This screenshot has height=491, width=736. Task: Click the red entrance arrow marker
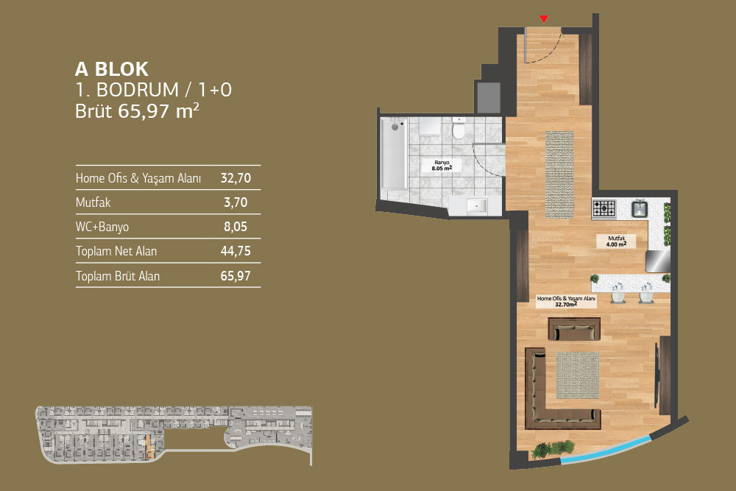pyautogui.click(x=544, y=19)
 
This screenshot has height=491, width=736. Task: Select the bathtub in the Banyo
pyautogui.click(x=393, y=154)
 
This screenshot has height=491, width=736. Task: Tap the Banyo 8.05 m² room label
pyautogui.click(x=442, y=165)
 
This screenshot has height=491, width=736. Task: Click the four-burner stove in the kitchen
pyautogui.click(x=604, y=208)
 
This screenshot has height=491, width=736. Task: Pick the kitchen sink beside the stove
pyautogui.click(x=640, y=208)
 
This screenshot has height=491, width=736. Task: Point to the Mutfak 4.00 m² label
pyautogui.click(x=616, y=241)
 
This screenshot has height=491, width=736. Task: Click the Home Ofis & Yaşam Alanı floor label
pyautogui.click(x=566, y=301)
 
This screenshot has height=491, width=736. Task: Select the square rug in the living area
pyautogui.click(x=577, y=375)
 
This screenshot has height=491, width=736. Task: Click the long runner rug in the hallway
pyautogui.click(x=559, y=174)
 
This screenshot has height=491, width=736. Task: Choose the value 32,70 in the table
pyautogui.click(x=236, y=178)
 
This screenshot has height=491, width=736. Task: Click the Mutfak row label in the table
pyautogui.click(x=93, y=202)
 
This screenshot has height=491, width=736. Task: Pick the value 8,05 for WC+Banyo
pyautogui.click(x=236, y=227)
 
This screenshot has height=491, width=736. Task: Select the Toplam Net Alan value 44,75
pyautogui.click(x=236, y=251)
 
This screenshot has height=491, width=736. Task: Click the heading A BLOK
pyautogui.click(x=112, y=69)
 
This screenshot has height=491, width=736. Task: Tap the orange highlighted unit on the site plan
pyautogui.click(x=149, y=446)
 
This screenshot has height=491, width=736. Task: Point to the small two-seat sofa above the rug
pyautogui.click(x=575, y=329)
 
